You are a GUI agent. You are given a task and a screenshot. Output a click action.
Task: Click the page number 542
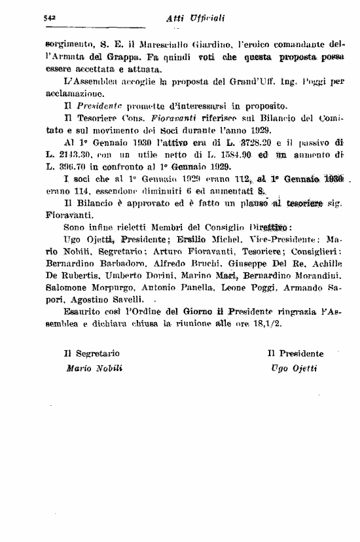point(43,18)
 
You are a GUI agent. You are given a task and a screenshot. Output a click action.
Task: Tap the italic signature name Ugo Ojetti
point(293,368)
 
